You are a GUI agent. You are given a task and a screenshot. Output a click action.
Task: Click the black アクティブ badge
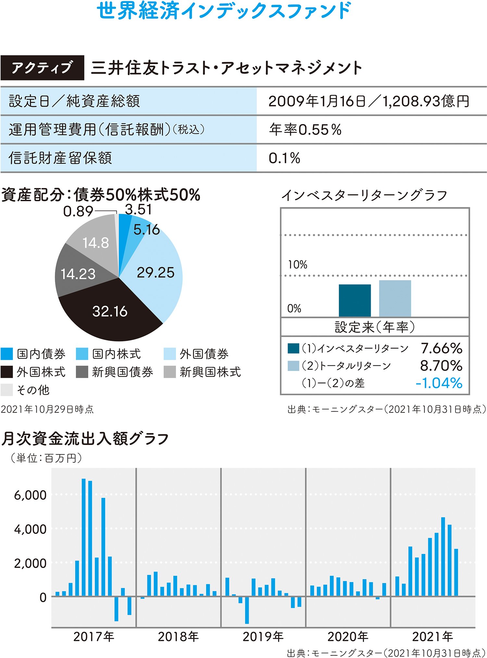pyautogui.click(x=42, y=68)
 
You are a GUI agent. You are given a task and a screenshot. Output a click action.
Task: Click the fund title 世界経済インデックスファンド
pyautogui.click(x=224, y=10)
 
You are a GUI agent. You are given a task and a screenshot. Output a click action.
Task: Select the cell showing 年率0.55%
pyautogui.click(x=305, y=130)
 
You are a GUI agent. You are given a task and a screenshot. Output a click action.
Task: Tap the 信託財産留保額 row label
pyautogui.click(x=60, y=158)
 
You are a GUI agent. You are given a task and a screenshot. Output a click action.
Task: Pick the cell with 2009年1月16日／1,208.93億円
pyautogui.click(x=369, y=101)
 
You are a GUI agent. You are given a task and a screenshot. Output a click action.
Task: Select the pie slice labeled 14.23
pyautogui.click(x=78, y=274)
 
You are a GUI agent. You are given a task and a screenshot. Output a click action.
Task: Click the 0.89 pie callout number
pyautogui.click(x=78, y=212)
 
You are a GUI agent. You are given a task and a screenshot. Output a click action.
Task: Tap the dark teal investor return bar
pyautogui.click(x=355, y=300)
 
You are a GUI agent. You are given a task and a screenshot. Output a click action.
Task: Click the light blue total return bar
pyautogui.click(x=395, y=298)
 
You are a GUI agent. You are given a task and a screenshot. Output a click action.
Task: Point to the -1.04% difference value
pyautogui.click(x=439, y=383)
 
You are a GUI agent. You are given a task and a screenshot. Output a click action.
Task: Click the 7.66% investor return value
pyautogui.click(x=442, y=348)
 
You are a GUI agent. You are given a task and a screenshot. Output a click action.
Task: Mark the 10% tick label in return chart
pyautogui.click(x=297, y=265)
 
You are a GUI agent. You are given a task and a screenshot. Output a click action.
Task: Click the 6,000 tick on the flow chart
pyautogui.click(x=30, y=495)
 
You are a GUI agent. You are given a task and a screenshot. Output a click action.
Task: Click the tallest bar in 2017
pyautogui.click(x=83, y=537)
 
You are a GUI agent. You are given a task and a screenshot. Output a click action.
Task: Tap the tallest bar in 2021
pyautogui.click(x=443, y=557)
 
